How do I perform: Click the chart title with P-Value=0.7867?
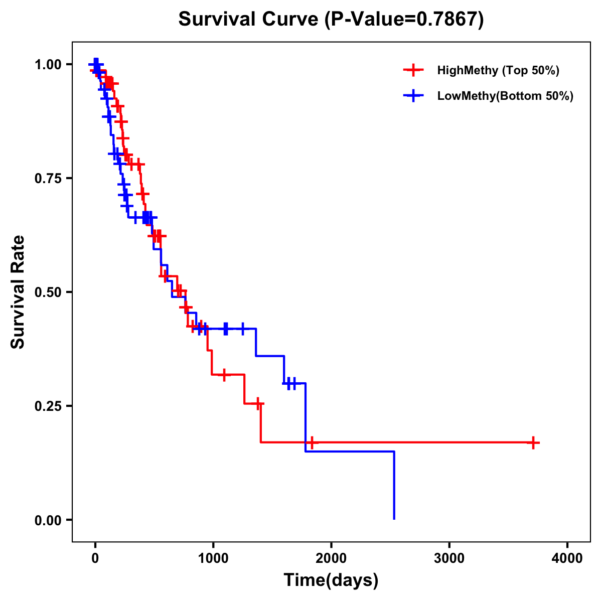click(331, 20)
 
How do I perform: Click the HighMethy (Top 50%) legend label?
click(498, 70)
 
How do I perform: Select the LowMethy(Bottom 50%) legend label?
click(505, 96)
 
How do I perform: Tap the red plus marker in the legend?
click(413, 70)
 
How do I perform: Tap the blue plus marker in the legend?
click(413, 96)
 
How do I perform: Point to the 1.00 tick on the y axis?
click(48, 65)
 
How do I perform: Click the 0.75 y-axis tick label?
click(48, 179)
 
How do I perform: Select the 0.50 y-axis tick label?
click(48, 292)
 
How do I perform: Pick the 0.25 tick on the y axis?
click(48, 406)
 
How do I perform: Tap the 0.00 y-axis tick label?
click(48, 520)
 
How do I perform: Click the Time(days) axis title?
click(331, 580)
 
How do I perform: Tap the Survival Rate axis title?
click(18, 292)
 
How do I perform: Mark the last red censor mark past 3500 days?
click(533, 442)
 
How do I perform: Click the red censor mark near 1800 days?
click(312, 442)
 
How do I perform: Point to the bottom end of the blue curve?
click(394, 518)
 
